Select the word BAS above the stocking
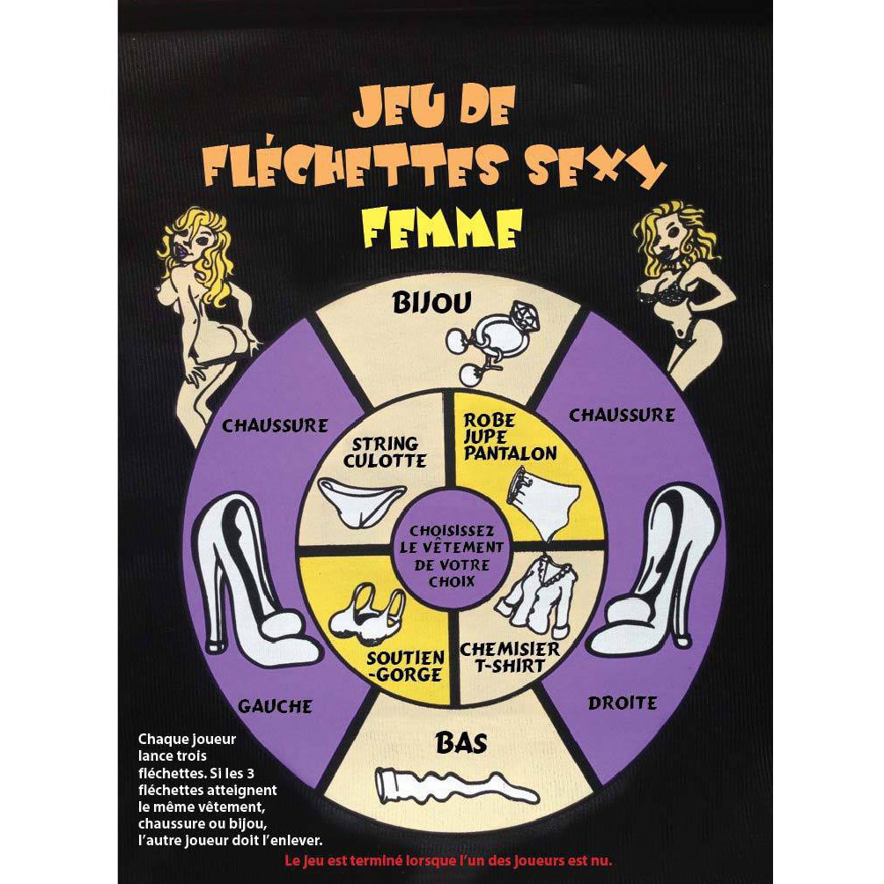coord(461,743)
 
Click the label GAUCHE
coord(274,705)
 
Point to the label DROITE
coord(622,703)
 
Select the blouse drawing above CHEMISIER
coord(532,590)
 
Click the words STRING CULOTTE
coord(384,452)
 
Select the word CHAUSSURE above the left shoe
coord(275,426)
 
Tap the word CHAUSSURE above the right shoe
coord(622,415)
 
